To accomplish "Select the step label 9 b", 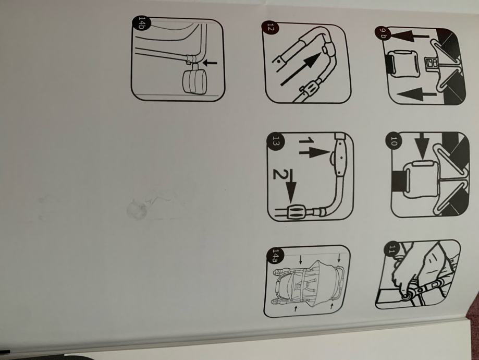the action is (383, 33).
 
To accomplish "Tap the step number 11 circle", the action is (391, 249).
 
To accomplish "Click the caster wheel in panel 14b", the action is (194, 80).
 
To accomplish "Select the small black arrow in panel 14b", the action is (210, 63).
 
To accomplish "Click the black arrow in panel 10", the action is (421, 146).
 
